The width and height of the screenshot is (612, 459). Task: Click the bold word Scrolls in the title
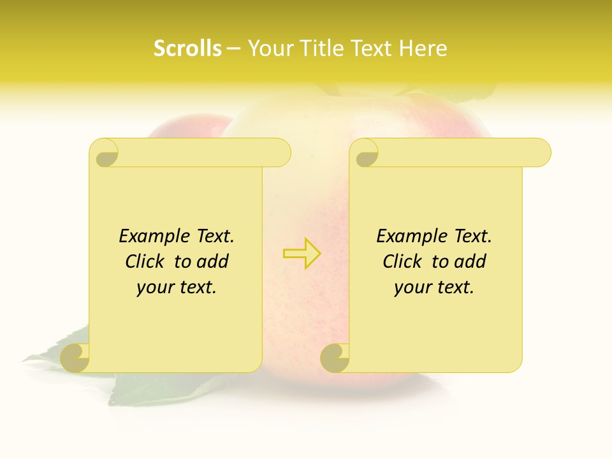(187, 48)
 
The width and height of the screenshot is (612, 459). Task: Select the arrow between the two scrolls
(302, 254)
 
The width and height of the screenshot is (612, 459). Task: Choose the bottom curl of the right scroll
(335, 358)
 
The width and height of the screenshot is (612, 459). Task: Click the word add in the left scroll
(214, 261)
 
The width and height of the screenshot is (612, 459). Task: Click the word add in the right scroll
(471, 261)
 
